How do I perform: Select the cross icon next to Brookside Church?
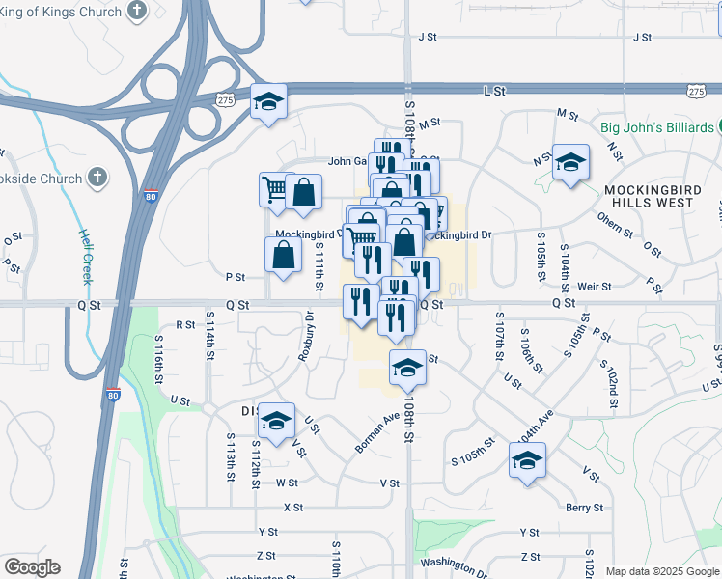[x=97, y=177]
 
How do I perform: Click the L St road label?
[x=493, y=90]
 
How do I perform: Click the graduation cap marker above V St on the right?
[x=527, y=460]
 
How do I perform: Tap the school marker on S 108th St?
[x=407, y=367]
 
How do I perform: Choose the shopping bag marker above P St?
[x=283, y=256]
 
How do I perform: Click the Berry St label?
[x=585, y=507]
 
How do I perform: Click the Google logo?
[x=32, y=567]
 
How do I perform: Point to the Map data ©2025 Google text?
[x=661, y=571]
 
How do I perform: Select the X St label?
[x=293, y=507]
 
